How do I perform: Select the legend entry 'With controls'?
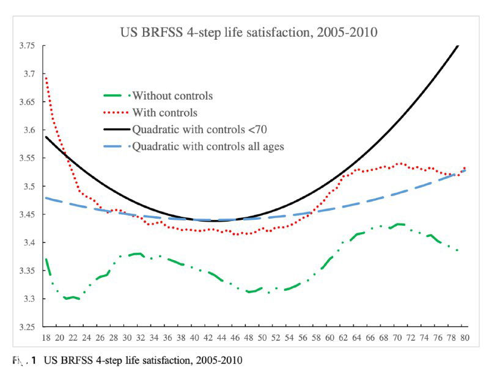click(x=164, y=112)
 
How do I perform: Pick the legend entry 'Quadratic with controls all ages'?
click(x=207, y=146)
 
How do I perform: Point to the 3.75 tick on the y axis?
click(x=27, y=46)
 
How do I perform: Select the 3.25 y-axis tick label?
click(x=27, y=327)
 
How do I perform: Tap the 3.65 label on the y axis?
click(x=27, y=102)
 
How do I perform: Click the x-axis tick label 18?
click(x=46, y=338)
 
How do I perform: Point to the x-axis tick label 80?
click(x=465, y=338)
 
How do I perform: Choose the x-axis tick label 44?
click(x=222, y=338)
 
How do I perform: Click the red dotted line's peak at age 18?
click(x=46, y=78)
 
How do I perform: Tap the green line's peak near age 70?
click(x=399, y=224)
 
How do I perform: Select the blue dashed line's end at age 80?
click(x=465, y=170)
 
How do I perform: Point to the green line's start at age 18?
click(x=46, y=259)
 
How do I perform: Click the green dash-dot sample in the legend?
click(x=116, y=96)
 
